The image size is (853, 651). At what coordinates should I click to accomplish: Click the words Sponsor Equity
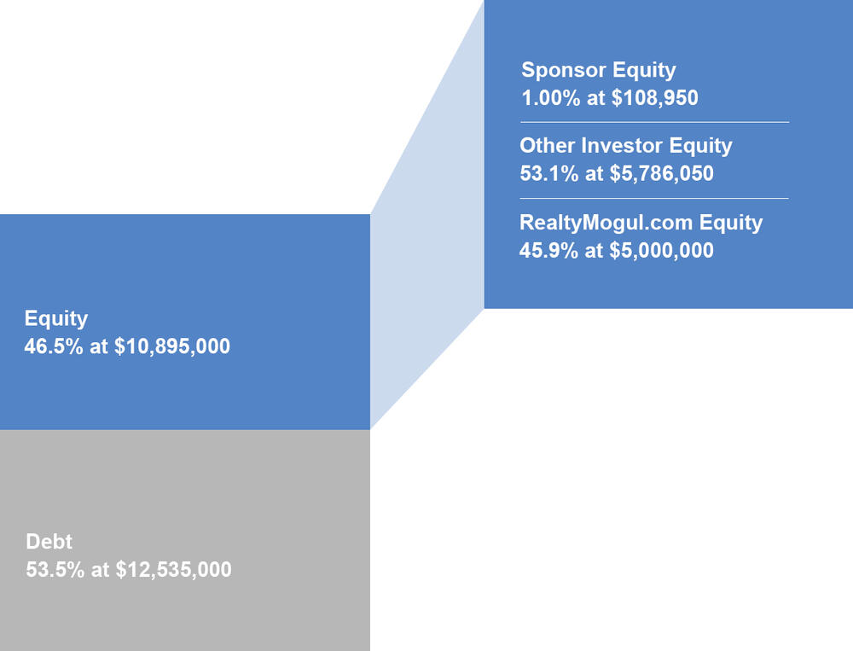[599, 70]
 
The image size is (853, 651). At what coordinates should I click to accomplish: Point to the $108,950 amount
[654, 98]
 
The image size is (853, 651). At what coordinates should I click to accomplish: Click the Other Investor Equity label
[625, 146]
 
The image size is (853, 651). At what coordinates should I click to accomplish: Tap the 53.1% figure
[548, 174]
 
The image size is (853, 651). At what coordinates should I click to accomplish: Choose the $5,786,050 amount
[661, 174]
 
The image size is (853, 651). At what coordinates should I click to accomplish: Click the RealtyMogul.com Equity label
[641, 223]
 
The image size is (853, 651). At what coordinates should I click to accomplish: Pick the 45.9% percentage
[548, 250]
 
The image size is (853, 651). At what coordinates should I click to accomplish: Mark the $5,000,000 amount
[661, 250]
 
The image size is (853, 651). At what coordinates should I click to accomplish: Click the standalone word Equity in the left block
[56, 319]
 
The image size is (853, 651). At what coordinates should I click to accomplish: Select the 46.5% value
[53, 346]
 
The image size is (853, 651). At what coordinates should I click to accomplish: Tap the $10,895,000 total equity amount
[172, 346]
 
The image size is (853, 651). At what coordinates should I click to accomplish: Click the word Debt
[49, 542]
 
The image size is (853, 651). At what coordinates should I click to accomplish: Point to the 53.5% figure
[55, 569]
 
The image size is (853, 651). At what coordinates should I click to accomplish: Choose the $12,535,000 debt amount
[173, 569]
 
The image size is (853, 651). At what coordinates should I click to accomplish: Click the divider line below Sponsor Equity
[654, 123]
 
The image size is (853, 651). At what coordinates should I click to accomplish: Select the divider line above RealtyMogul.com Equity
[654, 199]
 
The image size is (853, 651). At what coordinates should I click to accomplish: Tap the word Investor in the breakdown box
[622, 145]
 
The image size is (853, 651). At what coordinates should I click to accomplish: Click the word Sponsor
[564, 71]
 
